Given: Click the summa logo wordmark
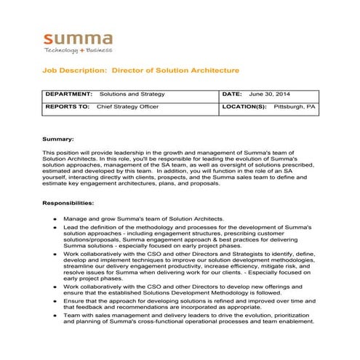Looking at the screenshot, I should tap(78, 39).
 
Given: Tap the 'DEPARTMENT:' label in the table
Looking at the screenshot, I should tap(68, 95).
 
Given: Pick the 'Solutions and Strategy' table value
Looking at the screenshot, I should tap(132, 95).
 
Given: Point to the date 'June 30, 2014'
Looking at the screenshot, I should tap(269, 95).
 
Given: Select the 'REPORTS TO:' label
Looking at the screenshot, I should tap(68, 106).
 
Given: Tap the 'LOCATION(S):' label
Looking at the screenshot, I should tap(244, 106).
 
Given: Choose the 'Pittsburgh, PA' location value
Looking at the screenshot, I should tap(295, 106).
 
